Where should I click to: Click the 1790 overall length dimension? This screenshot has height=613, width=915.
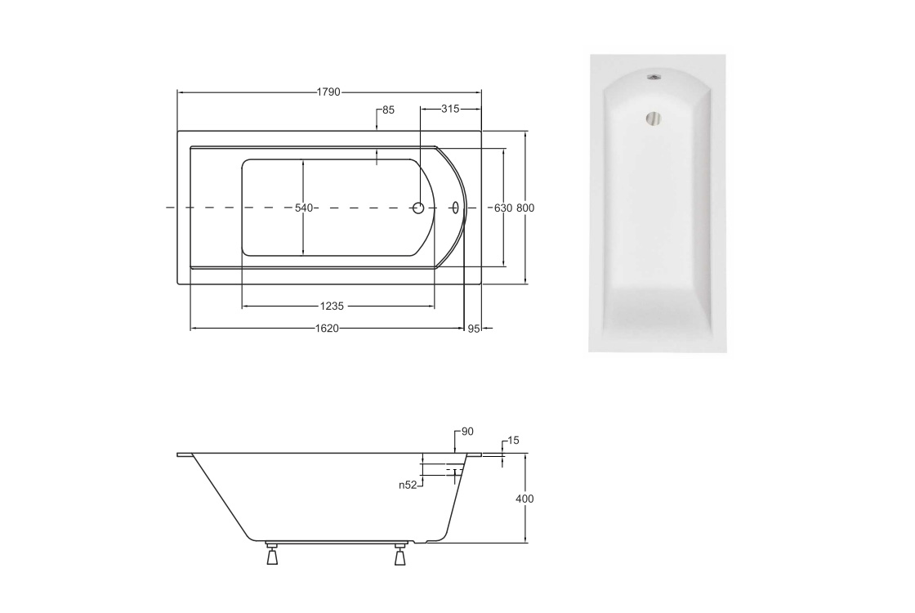(x=328, y=92)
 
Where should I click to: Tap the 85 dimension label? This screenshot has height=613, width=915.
(x=389, y=110)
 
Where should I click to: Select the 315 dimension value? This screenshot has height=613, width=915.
(x=450, y=109)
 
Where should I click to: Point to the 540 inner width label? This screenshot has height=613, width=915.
(x=304, y=208)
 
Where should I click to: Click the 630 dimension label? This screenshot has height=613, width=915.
(x=503, y=208)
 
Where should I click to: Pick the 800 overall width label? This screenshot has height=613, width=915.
(x=526, y=208)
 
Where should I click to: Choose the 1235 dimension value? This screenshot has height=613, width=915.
(x=332, y=306)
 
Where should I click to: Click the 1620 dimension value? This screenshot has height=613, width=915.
(x=328, y=329)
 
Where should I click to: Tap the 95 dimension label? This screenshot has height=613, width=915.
(x=473, y=329)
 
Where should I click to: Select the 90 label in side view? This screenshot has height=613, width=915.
(x=467, y=432)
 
